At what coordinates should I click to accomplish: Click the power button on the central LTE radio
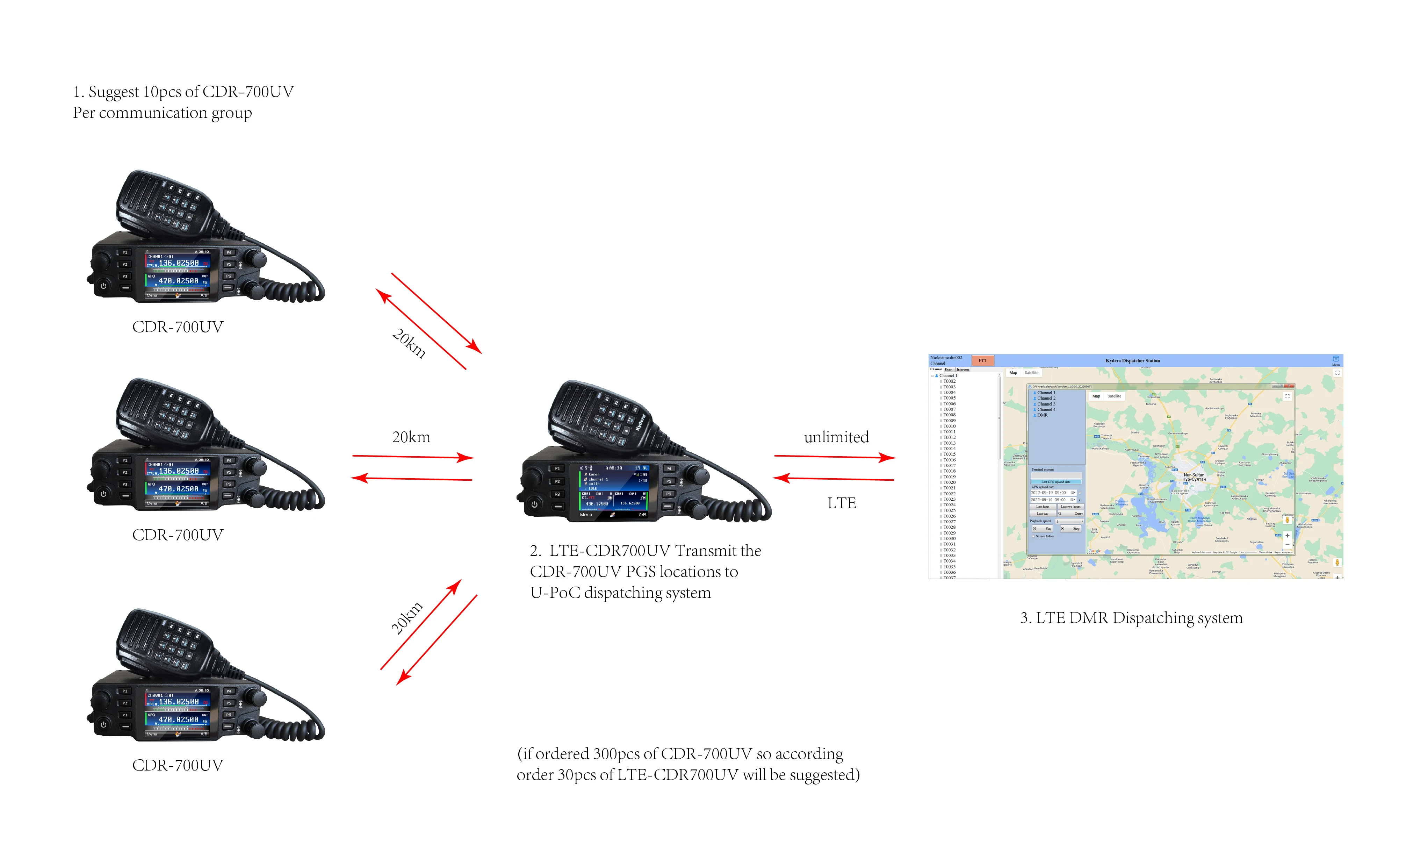click(x=534, y=504)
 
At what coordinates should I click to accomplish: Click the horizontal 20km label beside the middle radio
click(x=411, y=437)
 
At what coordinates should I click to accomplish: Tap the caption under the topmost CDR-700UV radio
click(x=178, y=327)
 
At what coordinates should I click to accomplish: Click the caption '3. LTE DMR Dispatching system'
click(x=1131, y=618)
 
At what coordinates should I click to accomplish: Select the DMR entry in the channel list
click(x=1042, y=415)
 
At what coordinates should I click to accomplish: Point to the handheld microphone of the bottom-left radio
click(x=166, y=642)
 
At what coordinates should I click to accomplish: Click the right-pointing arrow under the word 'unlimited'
click(x=834, y=457)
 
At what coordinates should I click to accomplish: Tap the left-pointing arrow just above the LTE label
click(x=834, y=479)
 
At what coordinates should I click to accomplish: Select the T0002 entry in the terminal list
click(x=949, y=381)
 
